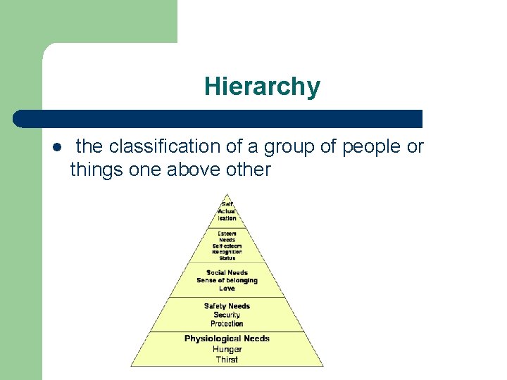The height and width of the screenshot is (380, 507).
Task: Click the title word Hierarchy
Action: [x=262, y=87]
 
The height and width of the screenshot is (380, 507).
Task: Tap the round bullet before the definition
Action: [x=56, y=148]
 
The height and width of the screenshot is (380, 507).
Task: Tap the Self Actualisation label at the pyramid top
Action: [x=227, y=211]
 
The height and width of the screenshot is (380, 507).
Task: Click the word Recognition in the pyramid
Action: [x=227, y=251]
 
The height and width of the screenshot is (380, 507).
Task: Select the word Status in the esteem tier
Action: [x=227, y=258]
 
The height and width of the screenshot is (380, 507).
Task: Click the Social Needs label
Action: [x=227, y=272]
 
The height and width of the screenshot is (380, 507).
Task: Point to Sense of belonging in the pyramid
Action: [x=227, y=280]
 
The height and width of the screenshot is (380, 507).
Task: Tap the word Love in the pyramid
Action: [x=227, y=289]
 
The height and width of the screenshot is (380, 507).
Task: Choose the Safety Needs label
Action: [x=227, y=306]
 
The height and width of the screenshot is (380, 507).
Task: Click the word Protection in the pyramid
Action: [x=227, y=324]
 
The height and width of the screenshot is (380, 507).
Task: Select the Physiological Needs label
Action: [x=227, y=338]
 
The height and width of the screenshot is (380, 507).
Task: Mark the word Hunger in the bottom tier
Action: [x=227, y=349]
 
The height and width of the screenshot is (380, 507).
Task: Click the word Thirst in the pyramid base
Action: [x=227, y=360]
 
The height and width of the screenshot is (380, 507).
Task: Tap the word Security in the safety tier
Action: [x=227, y=315]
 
